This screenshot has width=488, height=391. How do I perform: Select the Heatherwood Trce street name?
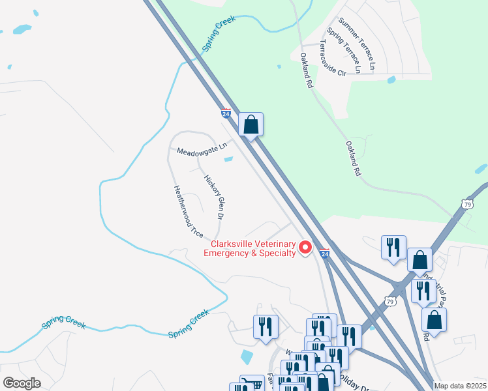(188, 212)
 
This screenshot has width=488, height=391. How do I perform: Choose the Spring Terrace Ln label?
(344, 50)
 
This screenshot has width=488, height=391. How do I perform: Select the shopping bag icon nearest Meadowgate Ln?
(251, 124)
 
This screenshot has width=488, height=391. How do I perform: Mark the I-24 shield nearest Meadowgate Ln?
(226, 113)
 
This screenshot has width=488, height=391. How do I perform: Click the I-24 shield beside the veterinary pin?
(324, 252)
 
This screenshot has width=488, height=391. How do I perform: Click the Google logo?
(21, 383)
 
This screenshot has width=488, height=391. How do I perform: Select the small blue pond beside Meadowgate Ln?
(228, 158)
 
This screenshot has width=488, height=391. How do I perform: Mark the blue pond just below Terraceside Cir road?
(391, 80)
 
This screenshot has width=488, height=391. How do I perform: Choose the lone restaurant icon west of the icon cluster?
(266, 326)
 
